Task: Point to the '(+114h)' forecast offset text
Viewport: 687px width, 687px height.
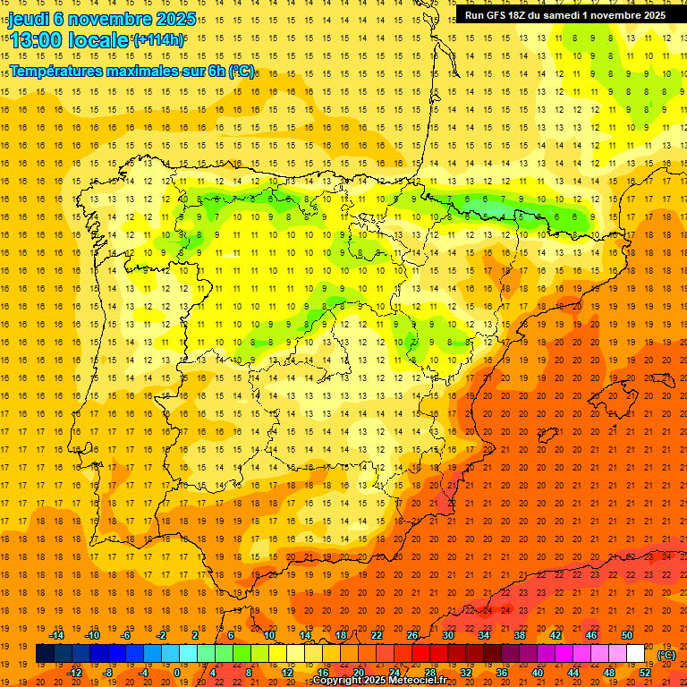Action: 158,40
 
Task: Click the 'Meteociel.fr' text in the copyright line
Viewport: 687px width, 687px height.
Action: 415,681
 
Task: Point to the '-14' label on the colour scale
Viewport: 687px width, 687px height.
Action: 58,635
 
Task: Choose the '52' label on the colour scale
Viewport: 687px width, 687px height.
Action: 645,673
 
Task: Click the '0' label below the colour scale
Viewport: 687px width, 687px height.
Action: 176,673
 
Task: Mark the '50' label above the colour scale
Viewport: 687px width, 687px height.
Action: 627,635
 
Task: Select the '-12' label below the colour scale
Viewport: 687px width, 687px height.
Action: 75,673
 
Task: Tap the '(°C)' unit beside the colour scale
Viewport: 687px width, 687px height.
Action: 666,655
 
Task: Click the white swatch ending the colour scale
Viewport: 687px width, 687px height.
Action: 635,654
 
